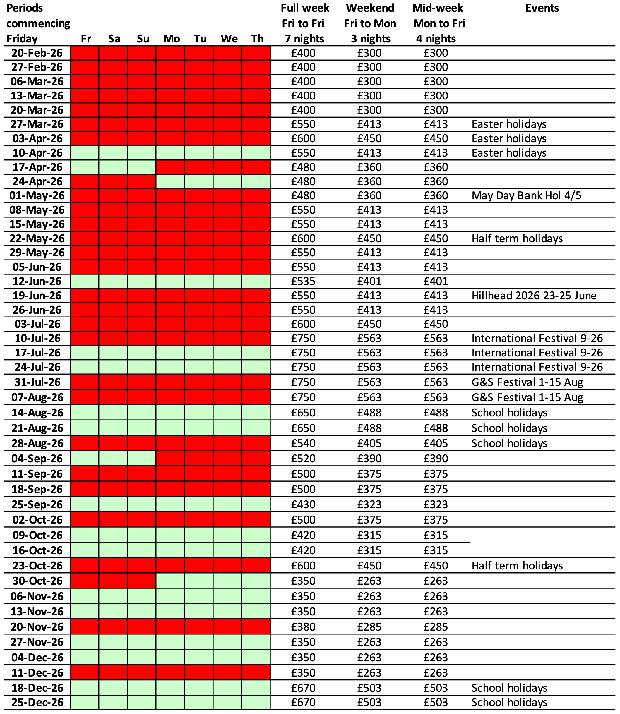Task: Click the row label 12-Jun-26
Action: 37,282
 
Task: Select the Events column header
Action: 542,8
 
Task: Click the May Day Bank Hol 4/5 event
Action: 526,196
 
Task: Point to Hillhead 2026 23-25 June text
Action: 534,296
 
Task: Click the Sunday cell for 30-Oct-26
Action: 141,581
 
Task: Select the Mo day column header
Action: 172,38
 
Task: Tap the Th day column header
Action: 257,38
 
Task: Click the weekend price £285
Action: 369,627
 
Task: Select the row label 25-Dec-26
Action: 37,702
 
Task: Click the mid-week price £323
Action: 436,504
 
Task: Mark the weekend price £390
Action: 369,459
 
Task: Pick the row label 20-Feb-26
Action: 37,53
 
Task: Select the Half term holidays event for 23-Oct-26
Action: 517,566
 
